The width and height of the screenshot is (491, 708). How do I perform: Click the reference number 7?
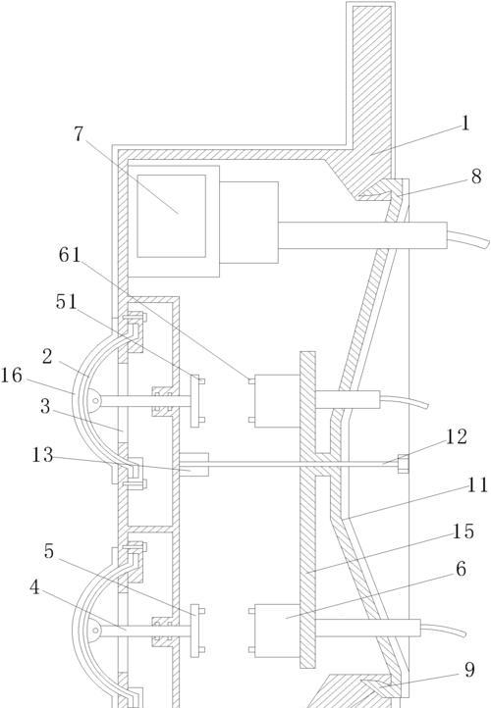[79, 134]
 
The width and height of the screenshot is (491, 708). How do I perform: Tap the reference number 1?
[465, 123]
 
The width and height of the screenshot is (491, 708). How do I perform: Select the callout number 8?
[476, 177]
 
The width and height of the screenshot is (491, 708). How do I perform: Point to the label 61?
[70, 255]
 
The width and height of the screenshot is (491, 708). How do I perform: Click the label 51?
[67, 302]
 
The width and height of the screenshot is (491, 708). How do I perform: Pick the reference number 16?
[11, 376]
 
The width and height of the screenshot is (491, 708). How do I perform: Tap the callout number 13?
[42, 455]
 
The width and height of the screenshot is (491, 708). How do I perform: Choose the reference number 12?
[457, 436]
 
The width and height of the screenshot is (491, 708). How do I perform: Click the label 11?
[477, 485]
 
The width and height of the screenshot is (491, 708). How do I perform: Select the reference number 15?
[464, 531]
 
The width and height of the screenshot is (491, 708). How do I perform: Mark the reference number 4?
[34, 588]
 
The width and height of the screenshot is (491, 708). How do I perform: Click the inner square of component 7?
[171, 216]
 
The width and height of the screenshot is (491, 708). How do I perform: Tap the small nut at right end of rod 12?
[403, 464]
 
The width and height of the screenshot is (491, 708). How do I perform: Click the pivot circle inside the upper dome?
[95, 400]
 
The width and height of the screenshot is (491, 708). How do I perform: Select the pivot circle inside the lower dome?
[95, 631]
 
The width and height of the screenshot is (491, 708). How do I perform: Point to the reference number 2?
[47, 357]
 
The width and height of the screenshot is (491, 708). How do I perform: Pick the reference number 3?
[45, 406]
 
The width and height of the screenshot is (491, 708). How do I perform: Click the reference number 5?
[49, 551]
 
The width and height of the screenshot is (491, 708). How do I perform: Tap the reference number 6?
[461, 569]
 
